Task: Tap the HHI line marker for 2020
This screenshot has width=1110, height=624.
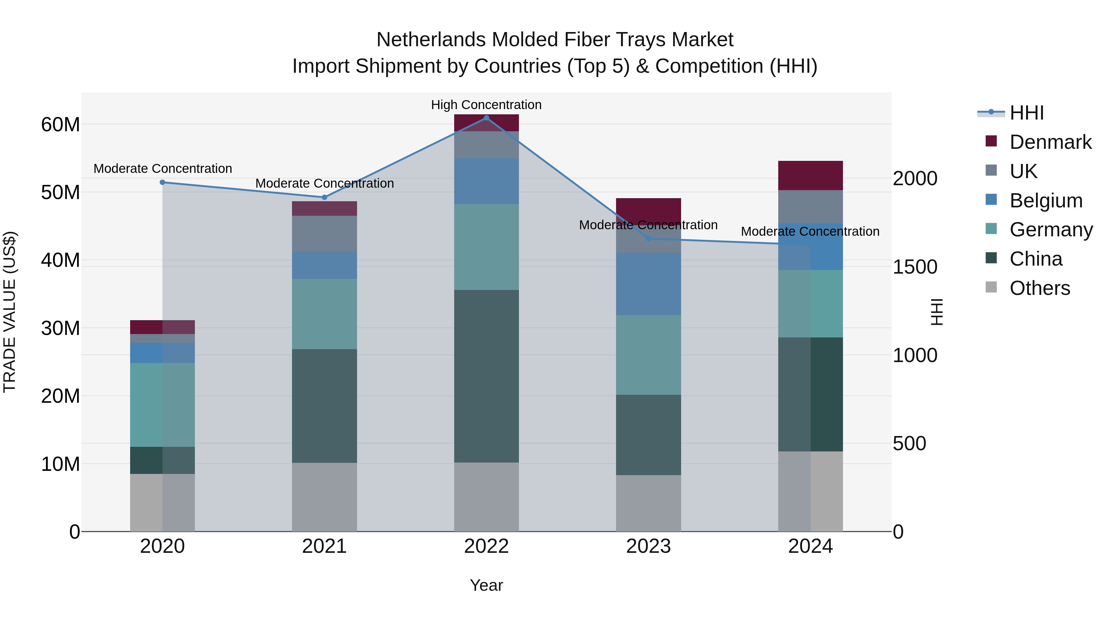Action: (162, 182)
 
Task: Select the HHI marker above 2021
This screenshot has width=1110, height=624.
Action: (324, 197)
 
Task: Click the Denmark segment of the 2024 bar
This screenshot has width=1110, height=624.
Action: (810, 175)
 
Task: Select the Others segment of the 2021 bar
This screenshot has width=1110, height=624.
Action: (324, 497)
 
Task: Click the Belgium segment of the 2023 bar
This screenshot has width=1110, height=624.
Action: (648, 284)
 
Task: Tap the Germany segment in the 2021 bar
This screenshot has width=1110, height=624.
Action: (324, 314)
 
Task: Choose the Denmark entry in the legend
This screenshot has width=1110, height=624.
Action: (1050, 142)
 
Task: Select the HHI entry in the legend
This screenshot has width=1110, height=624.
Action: (1026, 113)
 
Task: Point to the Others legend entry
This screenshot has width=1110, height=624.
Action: (1039, 288)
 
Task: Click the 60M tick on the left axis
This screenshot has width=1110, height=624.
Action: (60, 125)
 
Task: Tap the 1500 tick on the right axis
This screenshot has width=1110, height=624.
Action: (915, 267)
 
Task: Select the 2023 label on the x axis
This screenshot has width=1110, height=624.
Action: (648, 546)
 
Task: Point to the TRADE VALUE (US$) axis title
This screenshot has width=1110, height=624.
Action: (10, 312)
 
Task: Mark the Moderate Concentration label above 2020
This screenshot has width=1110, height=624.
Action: (162, 168)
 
